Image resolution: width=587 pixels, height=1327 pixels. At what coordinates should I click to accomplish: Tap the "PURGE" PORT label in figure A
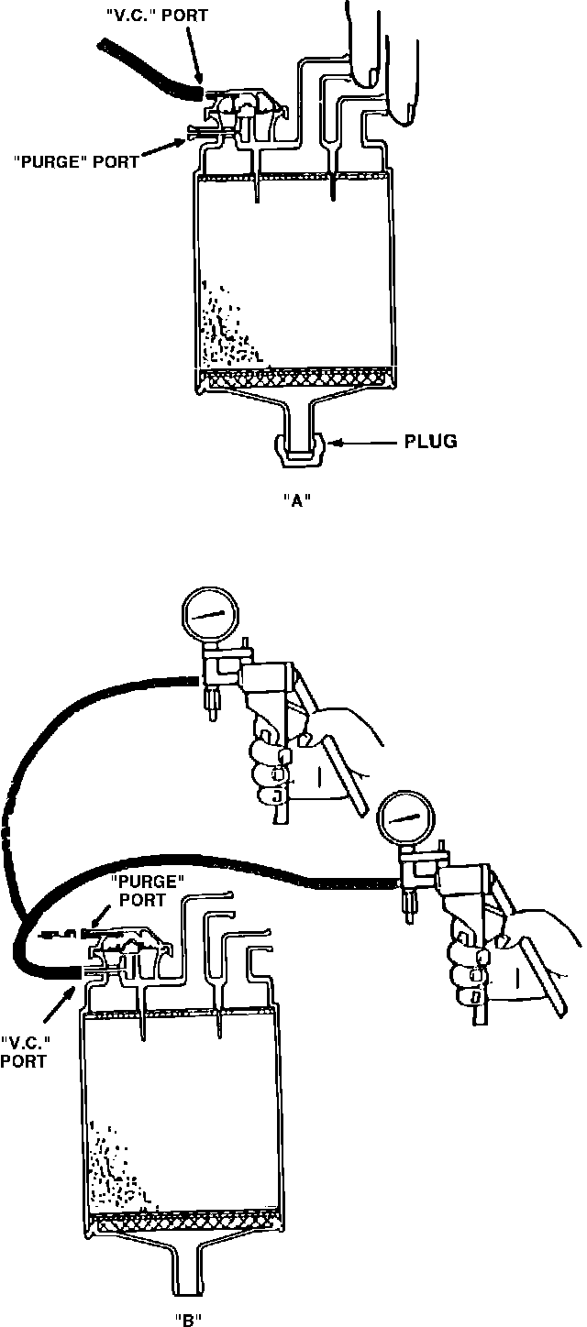click(x=76, y=161)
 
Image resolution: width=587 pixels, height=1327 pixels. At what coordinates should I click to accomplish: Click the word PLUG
click(x=430, y=443)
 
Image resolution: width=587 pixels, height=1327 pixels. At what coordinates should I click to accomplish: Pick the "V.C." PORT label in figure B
click(x=25, y=1052)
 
